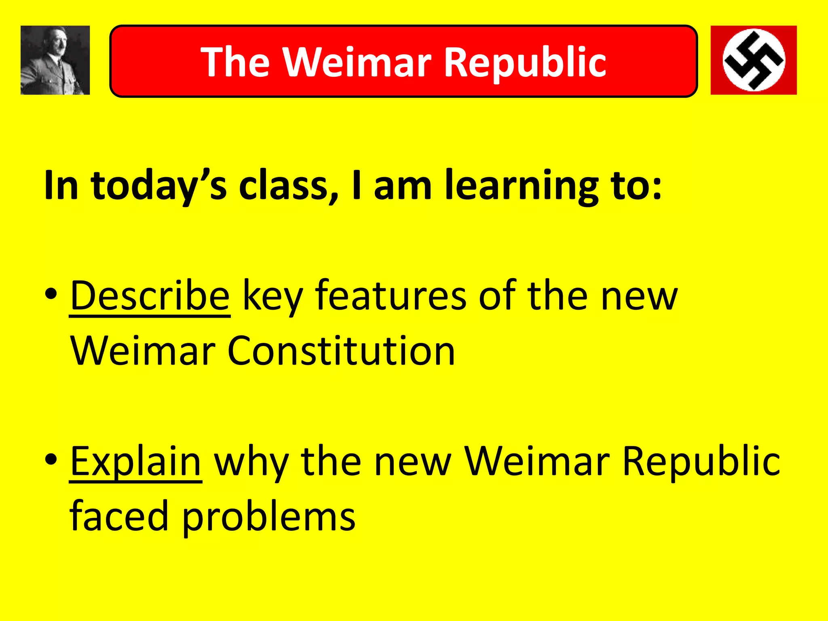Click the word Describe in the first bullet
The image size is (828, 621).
(150, 296)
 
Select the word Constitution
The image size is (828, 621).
(341, 351)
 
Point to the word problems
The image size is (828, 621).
(268, 516)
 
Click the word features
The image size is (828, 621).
(391, 296)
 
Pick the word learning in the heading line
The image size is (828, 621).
(521, 185)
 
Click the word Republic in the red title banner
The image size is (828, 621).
(525, 62)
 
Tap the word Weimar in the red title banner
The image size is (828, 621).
(357, 62)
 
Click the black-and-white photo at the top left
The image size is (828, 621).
(55, 60)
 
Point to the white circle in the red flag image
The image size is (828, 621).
(754, 60)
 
